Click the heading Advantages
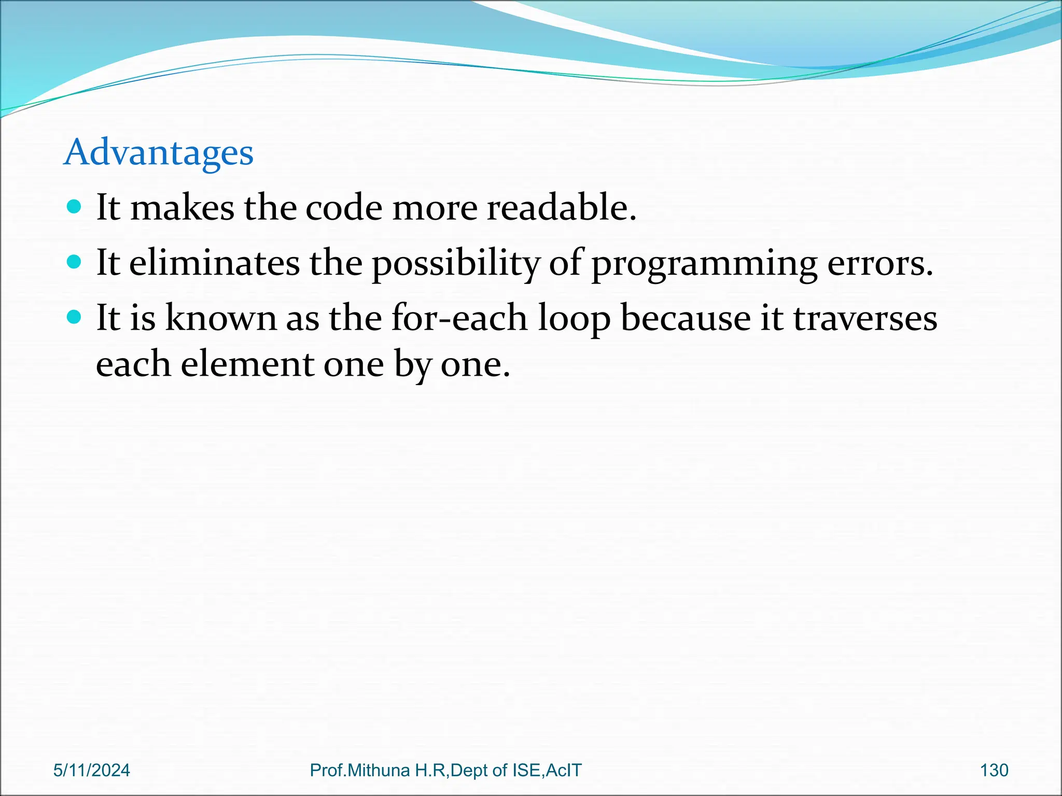click(158, 152)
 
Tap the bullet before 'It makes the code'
click(75, 207)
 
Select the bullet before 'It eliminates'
click(75, 262)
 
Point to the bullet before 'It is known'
click(75, 317)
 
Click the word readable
click(561, 207)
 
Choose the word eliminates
click(214, 262)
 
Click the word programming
click(704, 263)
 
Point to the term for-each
click(459, 318)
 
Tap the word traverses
click(865, 318)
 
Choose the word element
click(247, 364)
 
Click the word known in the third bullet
click(220, 318)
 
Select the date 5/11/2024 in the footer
click(92, 770)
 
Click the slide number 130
click(994, 770)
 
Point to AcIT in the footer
click(564, 770)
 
